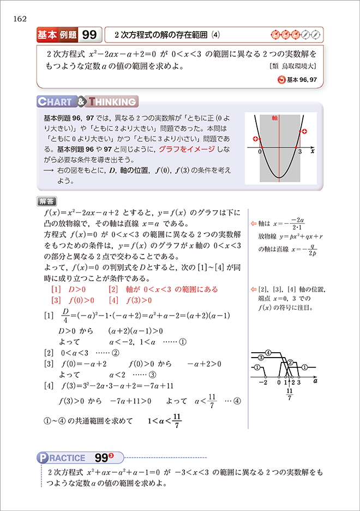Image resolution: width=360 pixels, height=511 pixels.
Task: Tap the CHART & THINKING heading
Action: [88, 102]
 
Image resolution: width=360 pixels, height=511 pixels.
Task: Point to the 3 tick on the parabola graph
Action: [301, 153]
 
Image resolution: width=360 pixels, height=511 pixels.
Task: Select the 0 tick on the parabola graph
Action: [260, 153]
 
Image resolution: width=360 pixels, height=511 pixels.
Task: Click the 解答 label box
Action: [47, 201]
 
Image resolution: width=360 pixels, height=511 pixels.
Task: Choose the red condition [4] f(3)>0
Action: [130, 300]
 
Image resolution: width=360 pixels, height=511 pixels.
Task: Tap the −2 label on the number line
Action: [262, 383]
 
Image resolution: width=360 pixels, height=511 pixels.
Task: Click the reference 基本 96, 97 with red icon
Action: [298, 80]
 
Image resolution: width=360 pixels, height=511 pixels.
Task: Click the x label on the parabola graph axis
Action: [312, 153]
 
